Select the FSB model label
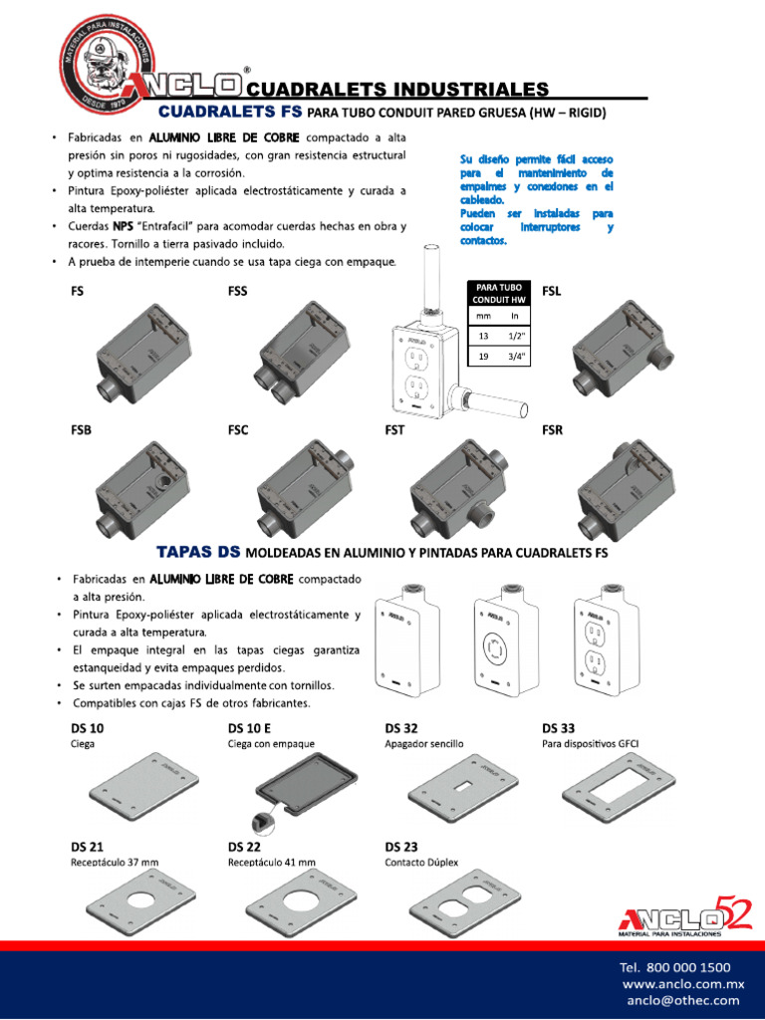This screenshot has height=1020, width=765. tap(83, 431)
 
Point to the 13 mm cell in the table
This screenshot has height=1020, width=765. tap(484, 336)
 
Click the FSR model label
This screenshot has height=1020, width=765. tap(553, 431)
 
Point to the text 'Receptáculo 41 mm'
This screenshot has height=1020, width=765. tap(272, 863)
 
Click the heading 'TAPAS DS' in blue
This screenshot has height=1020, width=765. tap(198, 552)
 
